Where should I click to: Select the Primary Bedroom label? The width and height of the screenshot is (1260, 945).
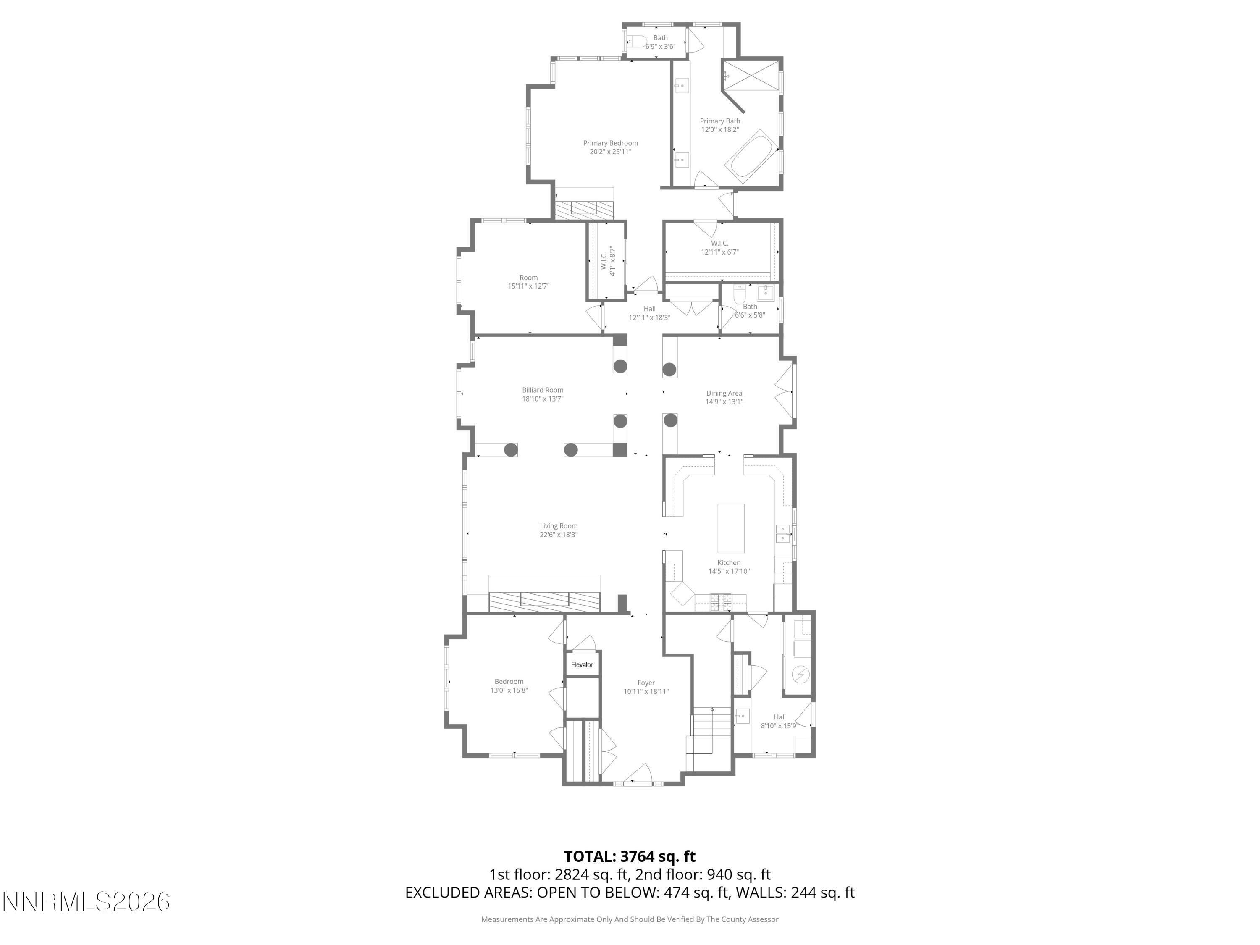tap(610, 143)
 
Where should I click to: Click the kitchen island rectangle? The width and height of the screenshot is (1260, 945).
tap(731, 528)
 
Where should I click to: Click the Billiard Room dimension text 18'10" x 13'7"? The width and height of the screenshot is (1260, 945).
tap(542, 399)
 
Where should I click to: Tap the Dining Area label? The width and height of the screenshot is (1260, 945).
tap(724, 393)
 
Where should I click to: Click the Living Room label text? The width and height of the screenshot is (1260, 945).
tap(558, 526)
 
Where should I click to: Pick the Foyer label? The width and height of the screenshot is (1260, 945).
tap(646, 682)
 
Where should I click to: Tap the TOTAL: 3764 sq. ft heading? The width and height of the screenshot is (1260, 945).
tap(630, 856)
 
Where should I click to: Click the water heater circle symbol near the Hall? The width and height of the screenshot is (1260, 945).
tap(801, 675)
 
